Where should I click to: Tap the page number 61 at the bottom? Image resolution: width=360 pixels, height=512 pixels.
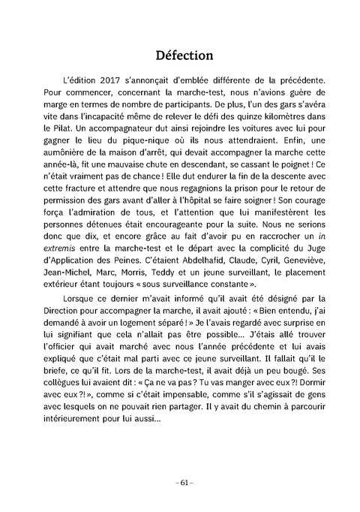tap(180, 481)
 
